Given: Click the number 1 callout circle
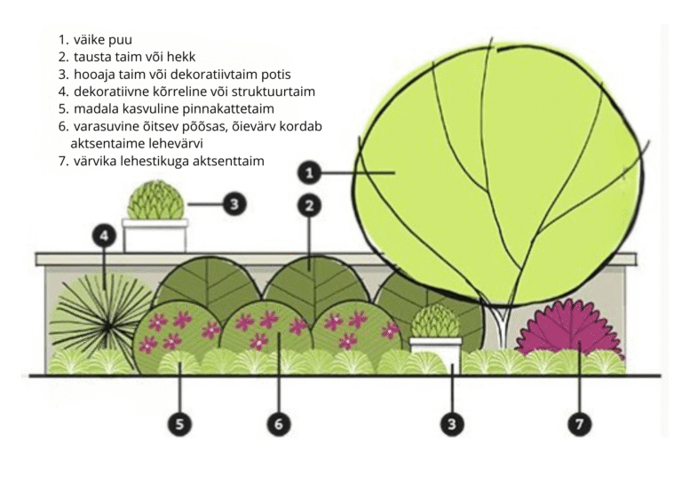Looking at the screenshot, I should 310,171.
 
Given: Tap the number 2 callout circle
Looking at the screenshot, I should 309,205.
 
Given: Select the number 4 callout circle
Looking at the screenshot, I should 105,236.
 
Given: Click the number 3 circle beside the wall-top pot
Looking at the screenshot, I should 233,204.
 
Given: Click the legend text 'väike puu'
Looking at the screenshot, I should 103,41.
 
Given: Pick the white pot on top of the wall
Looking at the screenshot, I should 155,235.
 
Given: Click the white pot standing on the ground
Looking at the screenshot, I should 435,352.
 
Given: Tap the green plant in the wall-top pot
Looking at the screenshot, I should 155,201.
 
